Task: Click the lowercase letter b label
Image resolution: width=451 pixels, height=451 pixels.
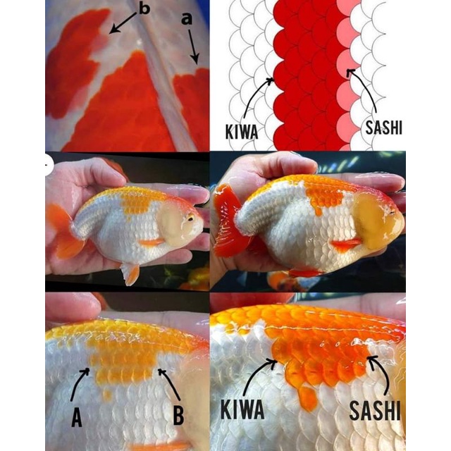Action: pos(144,8)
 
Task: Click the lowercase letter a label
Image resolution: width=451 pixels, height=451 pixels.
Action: pos(187,20)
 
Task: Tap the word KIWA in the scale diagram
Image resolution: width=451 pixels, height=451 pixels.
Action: pos(242,132)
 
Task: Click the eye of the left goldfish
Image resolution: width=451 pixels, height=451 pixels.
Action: pos(190,219)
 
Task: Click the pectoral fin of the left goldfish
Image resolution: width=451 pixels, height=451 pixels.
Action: pos(152,242)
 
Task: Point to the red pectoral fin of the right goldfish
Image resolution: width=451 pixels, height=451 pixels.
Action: pos(346,245)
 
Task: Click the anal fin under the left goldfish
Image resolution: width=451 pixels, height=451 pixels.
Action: pos(130,273)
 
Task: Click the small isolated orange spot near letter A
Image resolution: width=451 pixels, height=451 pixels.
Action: pos(107,395)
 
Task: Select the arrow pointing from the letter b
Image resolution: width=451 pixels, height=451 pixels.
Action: pos(122,23)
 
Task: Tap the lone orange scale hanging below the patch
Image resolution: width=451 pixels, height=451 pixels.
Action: pos(307,398)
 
